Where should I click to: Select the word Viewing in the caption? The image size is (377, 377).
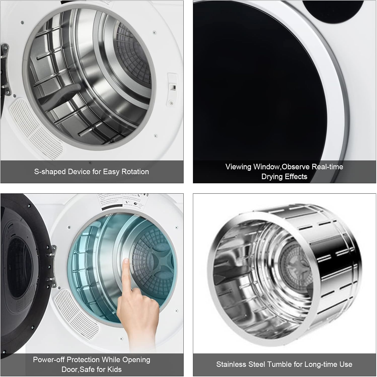click(x=238, y=167)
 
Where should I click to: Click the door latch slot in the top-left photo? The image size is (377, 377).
click(x=173, y=87)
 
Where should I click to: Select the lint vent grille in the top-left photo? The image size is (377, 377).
click(x=35, y=128)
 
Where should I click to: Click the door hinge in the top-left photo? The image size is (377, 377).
click(x=5, y=70)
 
